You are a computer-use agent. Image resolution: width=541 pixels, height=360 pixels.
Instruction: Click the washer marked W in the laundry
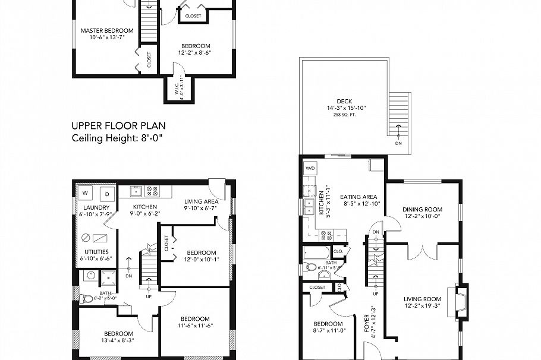pos(86,193)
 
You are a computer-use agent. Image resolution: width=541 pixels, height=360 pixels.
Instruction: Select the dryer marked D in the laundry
pos(107,193)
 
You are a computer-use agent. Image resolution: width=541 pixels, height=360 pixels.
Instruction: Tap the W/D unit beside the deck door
pos(310,168)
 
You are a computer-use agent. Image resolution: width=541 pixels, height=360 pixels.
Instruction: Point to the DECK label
pos(344,101)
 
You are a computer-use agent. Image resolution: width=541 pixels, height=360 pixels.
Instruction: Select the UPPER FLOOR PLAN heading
pos(118,125)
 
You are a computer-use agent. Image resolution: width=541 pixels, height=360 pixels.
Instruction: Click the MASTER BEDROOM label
pos(107,30)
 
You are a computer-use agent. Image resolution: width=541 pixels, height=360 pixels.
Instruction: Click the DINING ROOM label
pos(423,209)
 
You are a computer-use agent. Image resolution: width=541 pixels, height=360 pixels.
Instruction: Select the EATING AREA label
pos(358,197)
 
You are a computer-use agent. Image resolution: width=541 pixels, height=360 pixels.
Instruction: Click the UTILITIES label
pos(96,252)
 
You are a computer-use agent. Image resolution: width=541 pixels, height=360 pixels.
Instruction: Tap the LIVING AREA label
pos(201,201)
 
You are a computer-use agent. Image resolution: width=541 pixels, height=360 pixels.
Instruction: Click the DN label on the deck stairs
pos(398,143)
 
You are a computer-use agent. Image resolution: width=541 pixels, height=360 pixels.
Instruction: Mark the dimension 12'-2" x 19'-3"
pos(423,305)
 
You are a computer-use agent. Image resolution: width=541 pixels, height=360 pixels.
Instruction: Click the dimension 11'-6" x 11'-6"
pos(195,326)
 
